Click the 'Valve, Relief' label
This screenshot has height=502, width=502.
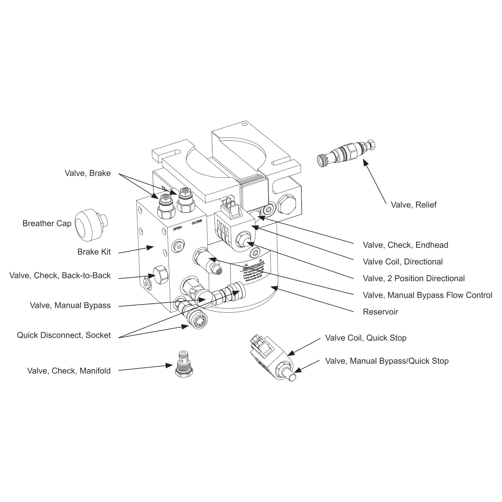pyautogui.click(x=413, y=205)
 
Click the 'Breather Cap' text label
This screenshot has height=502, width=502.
pyautogui.click(x=47, y=223)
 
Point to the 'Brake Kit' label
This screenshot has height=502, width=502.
pyautogui.click(x=94, y=252)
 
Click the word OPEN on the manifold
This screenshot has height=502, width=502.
pyautogui.click(x=177, y=228)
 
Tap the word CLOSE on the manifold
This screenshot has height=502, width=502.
pyautogui.click(x=197, y=222)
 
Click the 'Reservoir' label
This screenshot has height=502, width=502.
pyautogui.click(x=381, y=312)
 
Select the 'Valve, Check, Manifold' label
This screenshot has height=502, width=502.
pyautogui.click(x=69, y=371)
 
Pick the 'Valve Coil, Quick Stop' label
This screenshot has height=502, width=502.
pyautogui.click(x=366, y=338)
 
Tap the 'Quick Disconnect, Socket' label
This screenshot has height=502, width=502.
pyautogui.click(x=64, y=335)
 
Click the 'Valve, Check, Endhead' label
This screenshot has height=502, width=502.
pyautogui.click(x=405, y=245)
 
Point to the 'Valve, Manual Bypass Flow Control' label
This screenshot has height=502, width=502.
pyautogui.click(x=427, y=295)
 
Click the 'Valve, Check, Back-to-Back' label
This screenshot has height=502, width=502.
pyautogui.click(x=60, y=275)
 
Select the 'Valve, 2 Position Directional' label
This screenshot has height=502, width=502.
pyautogui.click(x=414, y=279)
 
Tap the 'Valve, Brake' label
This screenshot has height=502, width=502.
pyautogui.click(x=88, y=173)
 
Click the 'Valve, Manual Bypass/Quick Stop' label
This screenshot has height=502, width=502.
pyautogui.click(x=387, y=361)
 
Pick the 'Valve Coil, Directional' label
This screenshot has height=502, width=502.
pyautogui.click(x=403, y=262)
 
